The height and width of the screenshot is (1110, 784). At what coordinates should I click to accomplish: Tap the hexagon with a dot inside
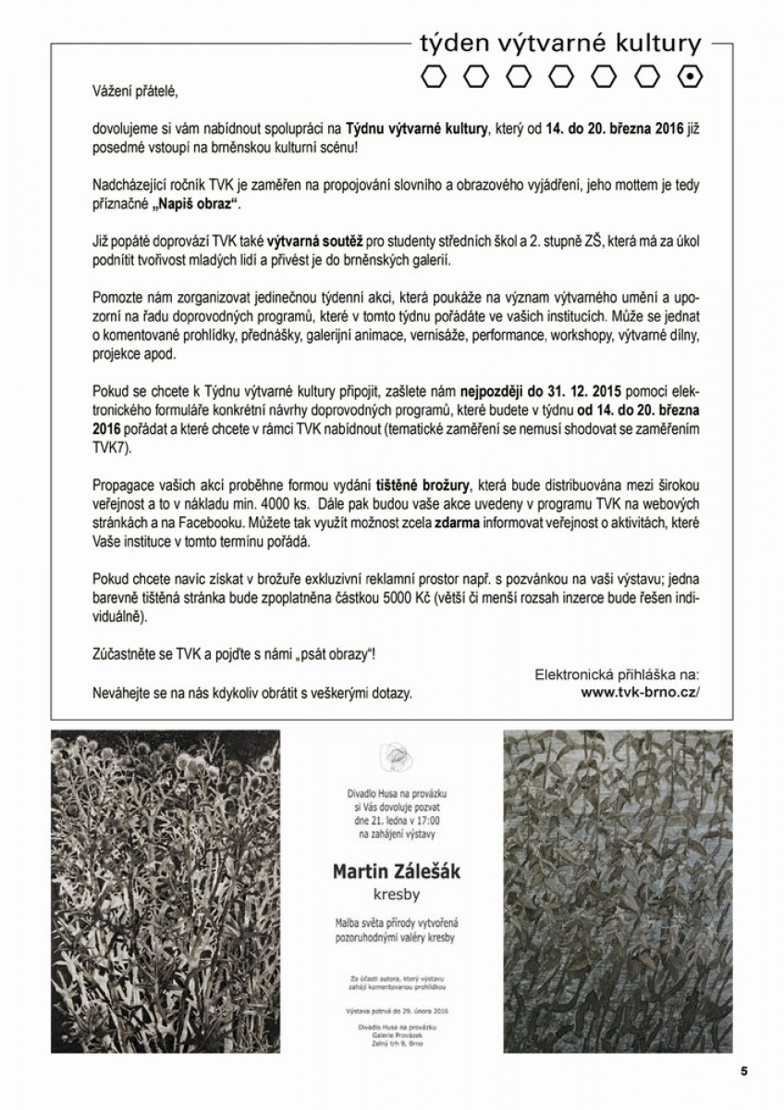(690, 78)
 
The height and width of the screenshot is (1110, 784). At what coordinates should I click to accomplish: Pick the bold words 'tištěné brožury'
(423, 485)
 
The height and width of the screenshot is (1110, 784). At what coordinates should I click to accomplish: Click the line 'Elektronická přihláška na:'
(619, 673)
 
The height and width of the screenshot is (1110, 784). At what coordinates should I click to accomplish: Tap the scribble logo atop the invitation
(396, 757)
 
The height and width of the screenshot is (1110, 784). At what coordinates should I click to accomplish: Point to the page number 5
(743, 1071)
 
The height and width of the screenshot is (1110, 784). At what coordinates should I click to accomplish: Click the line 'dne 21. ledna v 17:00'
(397, 821)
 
